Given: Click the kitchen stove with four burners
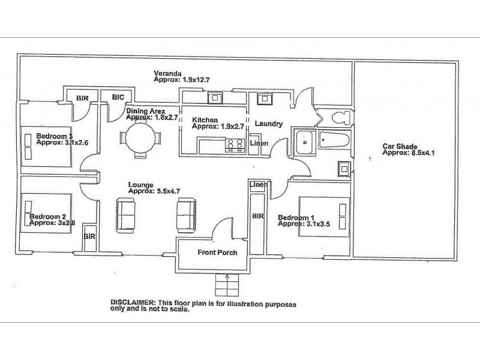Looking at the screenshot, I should tap(233, 143).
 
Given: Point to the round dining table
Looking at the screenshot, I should tap(140, 137).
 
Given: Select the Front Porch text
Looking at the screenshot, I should tap(217, 253).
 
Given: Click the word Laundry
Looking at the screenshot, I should tap(268, 124).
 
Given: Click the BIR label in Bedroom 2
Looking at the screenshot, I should tap(90, 237).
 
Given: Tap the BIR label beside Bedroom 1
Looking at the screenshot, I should tap(258, 215).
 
